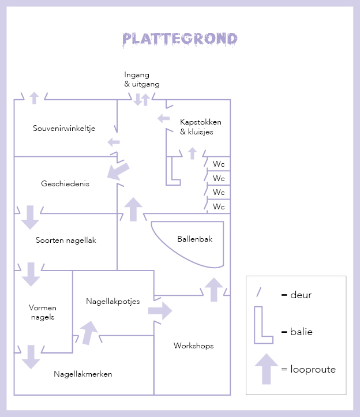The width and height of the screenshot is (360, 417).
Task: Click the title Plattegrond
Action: pyautogui.click(x=180, y=39)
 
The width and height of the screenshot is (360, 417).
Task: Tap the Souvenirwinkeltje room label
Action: pyautogui.click(x=64, y=128)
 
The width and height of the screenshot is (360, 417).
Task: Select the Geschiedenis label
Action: pyautogui.click(x=65, y=183)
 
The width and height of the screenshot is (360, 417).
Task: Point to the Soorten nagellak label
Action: pyautogui.click(x=66, y=241)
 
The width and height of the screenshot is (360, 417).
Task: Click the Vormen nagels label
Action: pyautogui.click(x=42, y=312)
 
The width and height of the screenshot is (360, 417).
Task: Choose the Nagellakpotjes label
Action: pyautogui.click(x=113, y=301)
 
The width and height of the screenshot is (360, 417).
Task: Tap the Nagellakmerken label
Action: pyautogui.click(x=83, y=374)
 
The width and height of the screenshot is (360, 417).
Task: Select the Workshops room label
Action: pyautogui.click(x=194, y=345)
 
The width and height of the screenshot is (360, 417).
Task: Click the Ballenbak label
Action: pyautogui.click(x=195, y=238)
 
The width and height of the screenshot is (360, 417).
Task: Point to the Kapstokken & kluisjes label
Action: pyautogui.click(x=200, y=127)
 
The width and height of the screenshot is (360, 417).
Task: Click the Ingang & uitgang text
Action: pyautogui.click(x=141, y=80)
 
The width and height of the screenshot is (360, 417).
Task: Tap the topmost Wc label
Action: pyautogui.click(x=219, y=164)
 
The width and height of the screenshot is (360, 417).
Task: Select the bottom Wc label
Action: pyautogui.click(x=219, y=206)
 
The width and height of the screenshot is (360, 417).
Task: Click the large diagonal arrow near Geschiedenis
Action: pyautogui.click(x=118, y=171)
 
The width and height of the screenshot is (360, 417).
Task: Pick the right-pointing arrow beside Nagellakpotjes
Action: pyautogui.click(x=160, y=310)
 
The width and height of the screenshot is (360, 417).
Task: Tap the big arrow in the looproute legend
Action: pyautogui.click(x=266, y=368)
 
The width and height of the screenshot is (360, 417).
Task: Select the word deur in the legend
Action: pyautogui.click(x=296, y=295)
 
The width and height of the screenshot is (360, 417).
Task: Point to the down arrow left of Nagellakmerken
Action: pyautogui.click(x=31, y=357)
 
